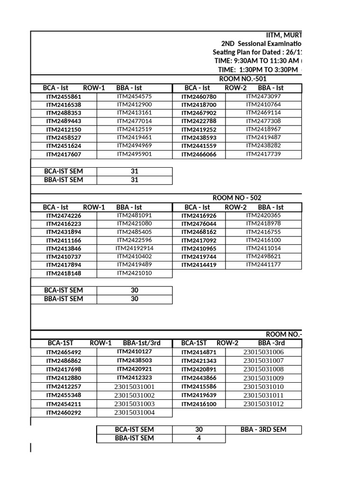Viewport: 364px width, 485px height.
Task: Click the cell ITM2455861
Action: point(64,97)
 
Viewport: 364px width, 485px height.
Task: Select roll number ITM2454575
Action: point(134,96)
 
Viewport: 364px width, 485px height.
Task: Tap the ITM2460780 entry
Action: point(199,97)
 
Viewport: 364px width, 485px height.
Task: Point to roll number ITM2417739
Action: point(263,153)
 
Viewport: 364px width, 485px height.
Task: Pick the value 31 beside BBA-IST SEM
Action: point(134,180)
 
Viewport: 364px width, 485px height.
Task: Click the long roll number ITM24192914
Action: point(134,248)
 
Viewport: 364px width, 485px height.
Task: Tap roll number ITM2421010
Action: point(134,273)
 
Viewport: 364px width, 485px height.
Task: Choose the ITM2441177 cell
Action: point(263,264)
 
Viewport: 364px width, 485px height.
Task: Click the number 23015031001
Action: point(134,386)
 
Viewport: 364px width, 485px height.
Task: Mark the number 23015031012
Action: point(263,404)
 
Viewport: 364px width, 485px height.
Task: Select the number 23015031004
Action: point(134,412)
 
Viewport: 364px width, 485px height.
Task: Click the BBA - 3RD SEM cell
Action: point(263,430)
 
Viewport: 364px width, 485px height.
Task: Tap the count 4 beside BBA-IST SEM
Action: point(199,438)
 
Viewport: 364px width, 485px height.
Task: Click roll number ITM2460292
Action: point(64,413)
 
